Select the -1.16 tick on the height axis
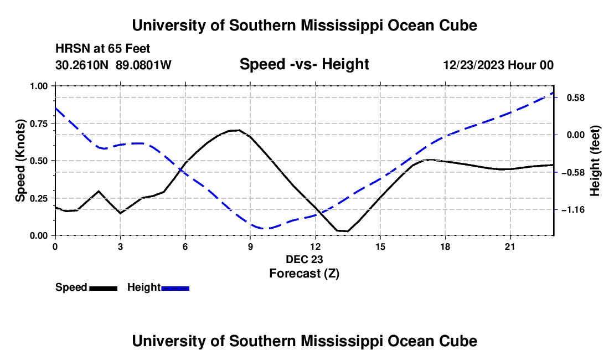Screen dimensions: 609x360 point(573,210)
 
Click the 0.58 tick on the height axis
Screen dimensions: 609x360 point(576,97)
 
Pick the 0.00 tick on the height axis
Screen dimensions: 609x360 point(576,135)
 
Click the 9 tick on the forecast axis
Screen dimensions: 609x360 point(250,246)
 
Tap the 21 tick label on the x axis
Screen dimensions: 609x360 point(510,246)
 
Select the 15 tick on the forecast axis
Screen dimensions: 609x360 point(380,246)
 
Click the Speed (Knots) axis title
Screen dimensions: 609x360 point(20,161)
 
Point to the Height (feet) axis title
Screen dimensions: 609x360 point(595,161)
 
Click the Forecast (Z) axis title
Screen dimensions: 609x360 point(304,274)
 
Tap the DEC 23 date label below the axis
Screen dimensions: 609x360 point(304,259)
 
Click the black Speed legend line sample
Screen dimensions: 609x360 point(104,289)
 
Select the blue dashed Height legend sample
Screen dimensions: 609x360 point(175,289)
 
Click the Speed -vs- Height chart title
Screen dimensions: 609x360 point(304,64)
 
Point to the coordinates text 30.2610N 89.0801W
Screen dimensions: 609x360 point(113,65)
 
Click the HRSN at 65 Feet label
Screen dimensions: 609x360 point(103,49)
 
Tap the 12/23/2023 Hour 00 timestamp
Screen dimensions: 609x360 point(499,65)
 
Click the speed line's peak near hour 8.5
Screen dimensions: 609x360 point(239,130)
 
